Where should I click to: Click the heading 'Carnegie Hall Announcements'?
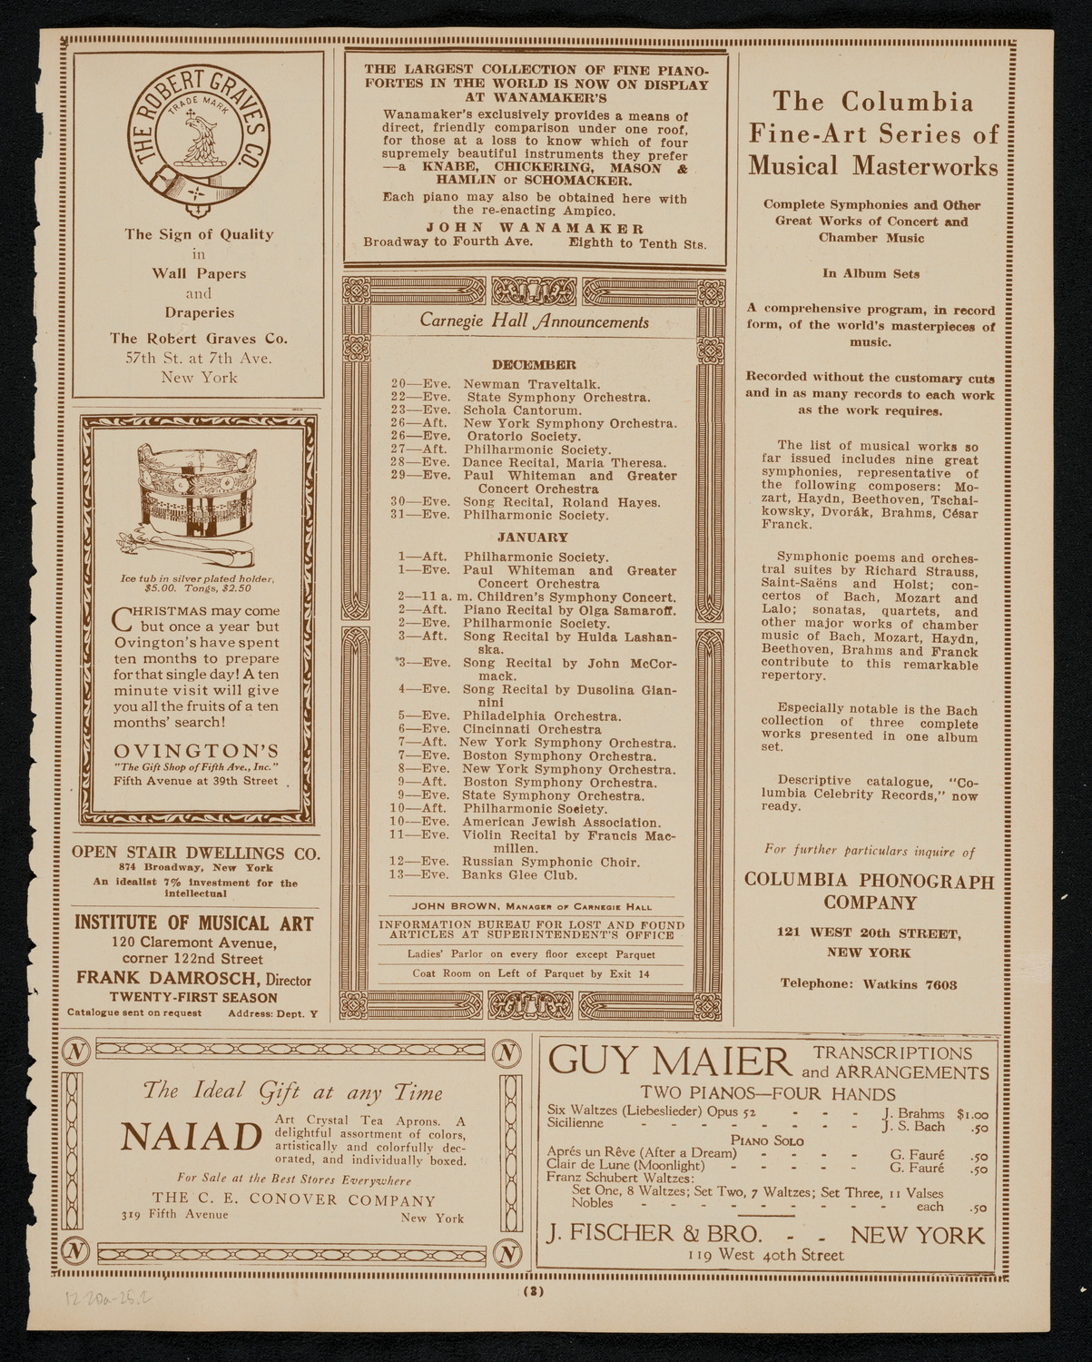[534, 321]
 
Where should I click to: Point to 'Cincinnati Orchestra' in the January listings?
[532, 729]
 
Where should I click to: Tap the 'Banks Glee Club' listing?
[519, 875]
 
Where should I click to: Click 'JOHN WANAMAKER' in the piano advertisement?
[535, 229]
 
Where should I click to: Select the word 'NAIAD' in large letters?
[191, 1137]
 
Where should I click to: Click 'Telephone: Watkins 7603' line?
[871, 983]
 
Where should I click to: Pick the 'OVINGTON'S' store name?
[196, 751]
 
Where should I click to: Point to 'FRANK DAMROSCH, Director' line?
[193, 979]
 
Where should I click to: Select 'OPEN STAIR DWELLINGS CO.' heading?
[195, 854]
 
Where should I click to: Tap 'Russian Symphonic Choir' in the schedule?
[551, 862]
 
